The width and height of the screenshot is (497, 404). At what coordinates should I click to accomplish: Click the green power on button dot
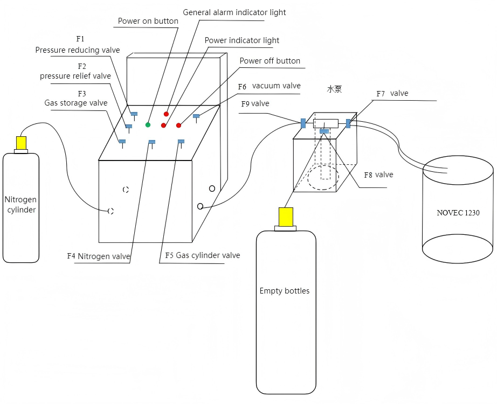(148, 124)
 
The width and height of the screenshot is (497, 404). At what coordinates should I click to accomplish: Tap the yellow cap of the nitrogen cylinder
(21, 143)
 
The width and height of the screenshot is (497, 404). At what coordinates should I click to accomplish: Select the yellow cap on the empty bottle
(285, 216)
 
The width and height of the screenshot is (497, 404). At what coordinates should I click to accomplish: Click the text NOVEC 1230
(458, 213)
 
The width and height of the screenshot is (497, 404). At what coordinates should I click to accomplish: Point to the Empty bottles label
(285, 291)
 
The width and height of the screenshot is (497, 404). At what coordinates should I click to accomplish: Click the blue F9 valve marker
(303, 123)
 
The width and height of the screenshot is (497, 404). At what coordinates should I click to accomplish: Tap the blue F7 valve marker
(348, 123)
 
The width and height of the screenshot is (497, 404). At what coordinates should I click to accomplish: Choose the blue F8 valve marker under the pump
(324, 131)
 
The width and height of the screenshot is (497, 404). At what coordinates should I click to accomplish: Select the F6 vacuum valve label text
(269, 86)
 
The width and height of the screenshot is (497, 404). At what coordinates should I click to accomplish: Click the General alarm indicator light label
(234, 12)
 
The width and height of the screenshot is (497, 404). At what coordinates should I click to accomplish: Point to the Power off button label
(270, 61)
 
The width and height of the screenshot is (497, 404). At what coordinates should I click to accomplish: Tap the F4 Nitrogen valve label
(99, 256)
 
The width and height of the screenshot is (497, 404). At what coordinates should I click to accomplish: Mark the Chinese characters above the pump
(334, 89)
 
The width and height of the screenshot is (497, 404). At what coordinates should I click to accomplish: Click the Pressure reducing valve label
(78, 50)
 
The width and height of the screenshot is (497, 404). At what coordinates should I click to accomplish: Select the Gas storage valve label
(76, 103)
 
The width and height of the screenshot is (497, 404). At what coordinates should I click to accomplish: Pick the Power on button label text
(148, 21)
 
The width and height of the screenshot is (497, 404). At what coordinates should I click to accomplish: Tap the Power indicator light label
(242, 40)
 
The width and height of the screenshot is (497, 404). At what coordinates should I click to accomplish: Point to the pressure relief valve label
(75, 76)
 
